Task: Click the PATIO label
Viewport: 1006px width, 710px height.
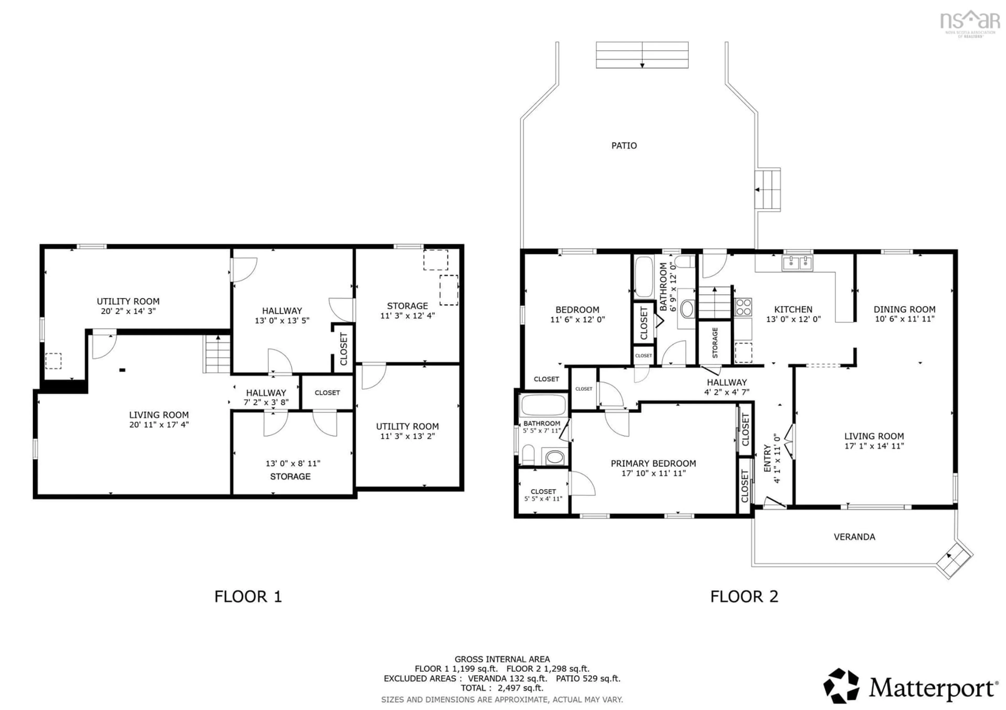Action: (624, 145)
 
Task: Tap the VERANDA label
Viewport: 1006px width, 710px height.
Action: (854, 537)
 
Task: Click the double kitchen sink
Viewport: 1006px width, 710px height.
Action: (797, 263)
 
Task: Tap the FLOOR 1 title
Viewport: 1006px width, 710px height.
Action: (248, 597)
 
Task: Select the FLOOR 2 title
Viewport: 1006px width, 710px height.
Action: (744, 597)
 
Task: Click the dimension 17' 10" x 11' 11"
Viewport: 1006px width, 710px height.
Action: (653, 473)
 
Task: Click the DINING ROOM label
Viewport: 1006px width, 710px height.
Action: (904, 309)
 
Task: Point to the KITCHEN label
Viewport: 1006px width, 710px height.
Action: (793, 309)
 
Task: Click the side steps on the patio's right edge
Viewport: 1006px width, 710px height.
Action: (767, 190)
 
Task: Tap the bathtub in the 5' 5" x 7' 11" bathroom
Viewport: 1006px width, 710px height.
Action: (543, 406)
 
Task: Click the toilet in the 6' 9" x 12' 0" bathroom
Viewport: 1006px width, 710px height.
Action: (685, 262)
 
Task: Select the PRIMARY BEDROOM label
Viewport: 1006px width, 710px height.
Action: (653, 463)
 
